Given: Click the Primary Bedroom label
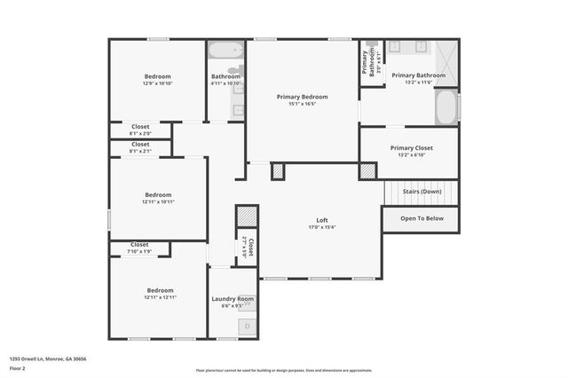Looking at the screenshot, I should pos(302,97).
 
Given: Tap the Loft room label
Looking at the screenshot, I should pos(322,220).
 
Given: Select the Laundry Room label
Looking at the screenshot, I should pos(233,299).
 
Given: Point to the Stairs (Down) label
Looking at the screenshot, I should pos(420,192).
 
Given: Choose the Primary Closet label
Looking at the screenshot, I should pos(408,148).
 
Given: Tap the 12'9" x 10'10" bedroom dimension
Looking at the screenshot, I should pos(157,84).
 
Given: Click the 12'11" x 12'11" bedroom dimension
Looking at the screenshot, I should pos(160,297).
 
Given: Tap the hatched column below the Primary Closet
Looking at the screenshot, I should pos(367,170).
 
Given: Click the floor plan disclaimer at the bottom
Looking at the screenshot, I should pos(284,370).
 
